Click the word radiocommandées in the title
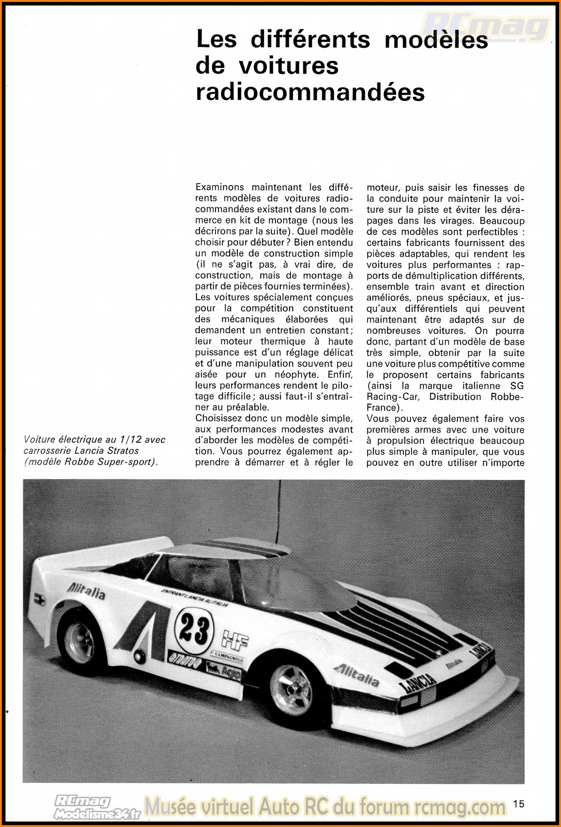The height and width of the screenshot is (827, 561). pos(310,92)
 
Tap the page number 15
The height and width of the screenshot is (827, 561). pos(519,804)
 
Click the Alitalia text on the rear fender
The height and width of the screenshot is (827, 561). pos(86,592)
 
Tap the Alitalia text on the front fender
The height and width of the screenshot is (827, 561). pos(356,674)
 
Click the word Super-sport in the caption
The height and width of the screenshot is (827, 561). pos(128,462)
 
